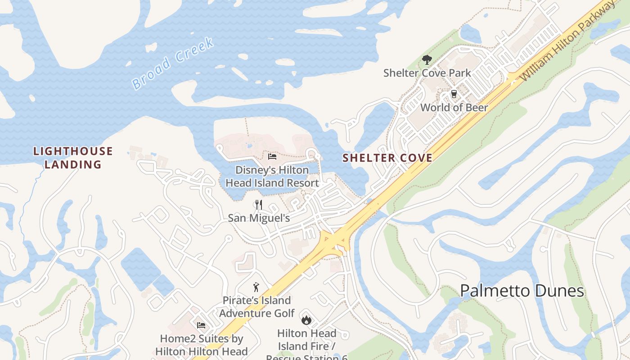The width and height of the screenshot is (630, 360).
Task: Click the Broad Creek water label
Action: coord(173,63)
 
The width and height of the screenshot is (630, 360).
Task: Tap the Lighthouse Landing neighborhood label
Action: coord(73,157)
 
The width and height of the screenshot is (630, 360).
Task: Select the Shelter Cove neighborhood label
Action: coord(387,158)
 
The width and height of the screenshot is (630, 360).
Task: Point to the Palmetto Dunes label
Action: coord(522,291)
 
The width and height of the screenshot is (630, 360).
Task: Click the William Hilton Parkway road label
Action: coord(568,41)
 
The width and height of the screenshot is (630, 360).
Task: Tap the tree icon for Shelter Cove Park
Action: coord(427,60)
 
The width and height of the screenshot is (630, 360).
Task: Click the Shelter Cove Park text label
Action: coord(427,73)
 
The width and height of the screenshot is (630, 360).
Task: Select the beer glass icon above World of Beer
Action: coord(454,94)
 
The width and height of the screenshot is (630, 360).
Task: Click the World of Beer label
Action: coord(454,108)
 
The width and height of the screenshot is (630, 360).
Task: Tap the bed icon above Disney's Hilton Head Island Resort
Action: coord(272,157)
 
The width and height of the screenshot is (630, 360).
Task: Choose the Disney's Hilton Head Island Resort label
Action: coord(272,176)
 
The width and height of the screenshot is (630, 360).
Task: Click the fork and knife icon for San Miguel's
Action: coord(258,205)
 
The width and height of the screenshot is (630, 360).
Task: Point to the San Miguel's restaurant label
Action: coord(258,218)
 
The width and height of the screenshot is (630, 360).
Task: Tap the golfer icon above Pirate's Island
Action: coord(256,287)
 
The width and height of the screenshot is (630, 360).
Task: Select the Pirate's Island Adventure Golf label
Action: coord(256,306)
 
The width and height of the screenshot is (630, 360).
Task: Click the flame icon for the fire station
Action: coord(306,320)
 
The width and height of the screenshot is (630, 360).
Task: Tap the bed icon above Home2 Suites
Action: coord(201,325)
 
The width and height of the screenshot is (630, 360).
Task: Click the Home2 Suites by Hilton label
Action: coord(201,345)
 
